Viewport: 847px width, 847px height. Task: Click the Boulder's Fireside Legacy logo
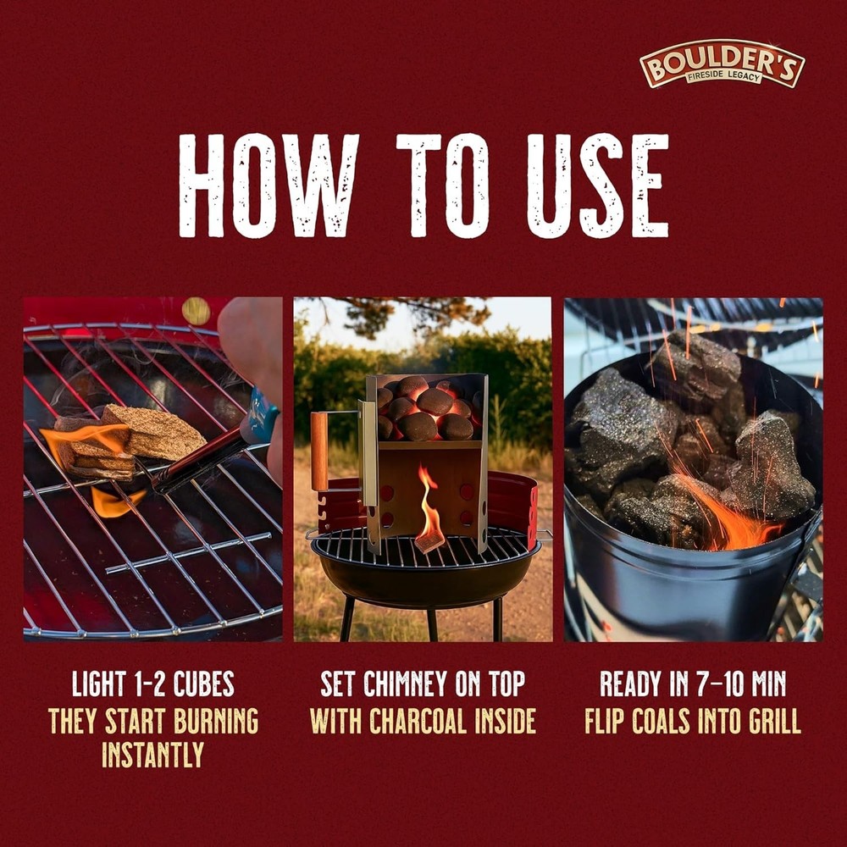tap(722, 64)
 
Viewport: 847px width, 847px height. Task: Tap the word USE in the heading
tap(597, 185)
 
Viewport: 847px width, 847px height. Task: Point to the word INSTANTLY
tap(152, 755)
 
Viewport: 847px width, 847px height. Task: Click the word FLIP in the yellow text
tap(605, 721)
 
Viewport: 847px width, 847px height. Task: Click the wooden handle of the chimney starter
tap(318, 451)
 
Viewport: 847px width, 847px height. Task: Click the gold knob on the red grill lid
tap(196, 311)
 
